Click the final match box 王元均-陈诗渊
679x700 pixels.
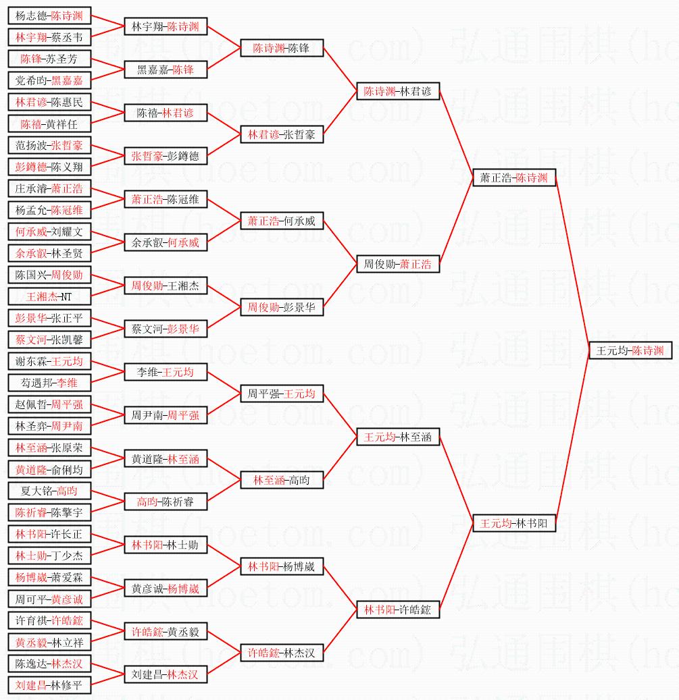[630, 351]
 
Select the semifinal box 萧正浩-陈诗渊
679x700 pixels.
[514, 178]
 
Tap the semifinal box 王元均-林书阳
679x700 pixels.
[514, 523]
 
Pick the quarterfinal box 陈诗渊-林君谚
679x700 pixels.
[398, 92]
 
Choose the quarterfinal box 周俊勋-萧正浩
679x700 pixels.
[398, 264]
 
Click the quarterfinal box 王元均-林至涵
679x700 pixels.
[398, 437]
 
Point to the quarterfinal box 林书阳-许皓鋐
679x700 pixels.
[398, 610]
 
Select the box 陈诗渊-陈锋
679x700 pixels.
[282, 49]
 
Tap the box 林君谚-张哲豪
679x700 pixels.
[282, 135]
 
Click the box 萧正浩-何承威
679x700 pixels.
[282, 221]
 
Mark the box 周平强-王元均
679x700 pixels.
[282, 394]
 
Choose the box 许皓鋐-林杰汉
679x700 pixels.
[282, 653]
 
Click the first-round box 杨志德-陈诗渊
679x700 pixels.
[50, 16]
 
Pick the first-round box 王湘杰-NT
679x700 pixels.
[50, 296]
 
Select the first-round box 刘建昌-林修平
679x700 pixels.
[50, 685]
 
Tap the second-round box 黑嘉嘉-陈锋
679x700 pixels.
[166, 70]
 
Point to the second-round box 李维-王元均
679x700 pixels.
[166, 373]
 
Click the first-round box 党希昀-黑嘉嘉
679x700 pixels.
[50, 81]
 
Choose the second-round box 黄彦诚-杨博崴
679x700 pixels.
[166, 589]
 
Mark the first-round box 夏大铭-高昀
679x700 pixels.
[50, 491]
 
